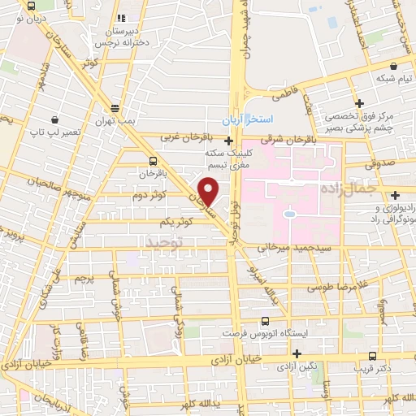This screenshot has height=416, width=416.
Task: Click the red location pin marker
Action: click(x=208, y=190)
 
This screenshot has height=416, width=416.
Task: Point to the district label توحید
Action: click(x=166, y=242)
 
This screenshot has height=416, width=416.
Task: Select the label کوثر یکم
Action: click(x=176, y=221)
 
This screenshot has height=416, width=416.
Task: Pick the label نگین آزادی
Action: click(x=295, y=367)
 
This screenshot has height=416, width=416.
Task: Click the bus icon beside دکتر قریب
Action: click(x=372, y=355)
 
